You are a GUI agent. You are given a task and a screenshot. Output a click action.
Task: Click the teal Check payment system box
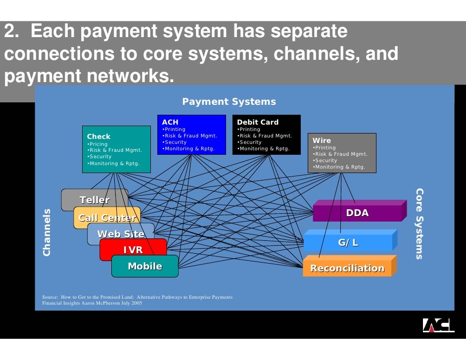116,149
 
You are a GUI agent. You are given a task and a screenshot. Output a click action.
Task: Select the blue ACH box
191,135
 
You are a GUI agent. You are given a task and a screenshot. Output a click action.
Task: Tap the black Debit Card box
266,135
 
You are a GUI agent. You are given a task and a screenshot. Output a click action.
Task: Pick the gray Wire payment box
341,152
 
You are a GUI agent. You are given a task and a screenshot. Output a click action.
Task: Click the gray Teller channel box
94,200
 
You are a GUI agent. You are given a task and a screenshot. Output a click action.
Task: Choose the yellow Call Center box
107,218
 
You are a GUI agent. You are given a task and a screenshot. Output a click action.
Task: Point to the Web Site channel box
121,234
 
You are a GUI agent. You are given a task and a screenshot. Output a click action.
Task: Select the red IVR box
133,250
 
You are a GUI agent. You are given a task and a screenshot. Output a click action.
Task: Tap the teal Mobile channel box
145,266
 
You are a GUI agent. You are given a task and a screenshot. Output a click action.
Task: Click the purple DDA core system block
357,213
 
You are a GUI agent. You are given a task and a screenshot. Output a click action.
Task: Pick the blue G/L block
348,242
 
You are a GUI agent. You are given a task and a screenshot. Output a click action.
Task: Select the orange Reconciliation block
347,268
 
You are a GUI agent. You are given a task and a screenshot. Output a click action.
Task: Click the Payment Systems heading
229,101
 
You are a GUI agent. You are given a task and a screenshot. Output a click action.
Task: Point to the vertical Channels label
47,232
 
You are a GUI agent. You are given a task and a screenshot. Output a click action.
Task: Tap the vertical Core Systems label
419,224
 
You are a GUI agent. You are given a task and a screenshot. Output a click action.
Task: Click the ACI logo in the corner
438,325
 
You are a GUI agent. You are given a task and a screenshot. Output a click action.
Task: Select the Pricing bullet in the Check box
98,144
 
